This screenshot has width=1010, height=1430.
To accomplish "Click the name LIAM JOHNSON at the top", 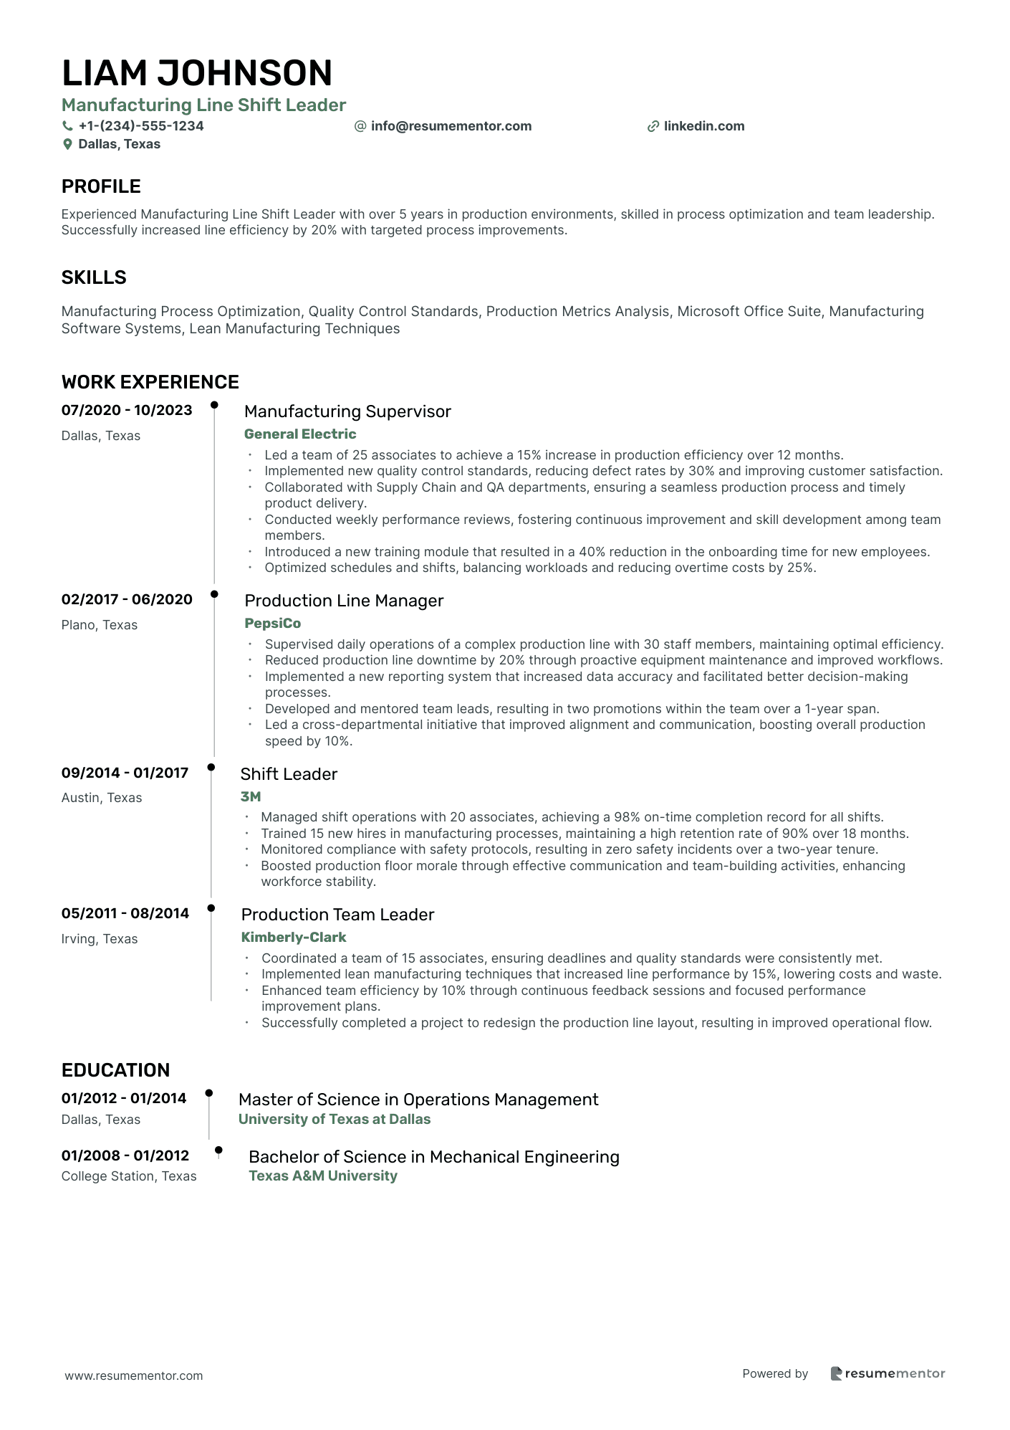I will coord(197,73).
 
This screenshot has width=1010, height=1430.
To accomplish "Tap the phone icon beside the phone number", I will coord(67,126).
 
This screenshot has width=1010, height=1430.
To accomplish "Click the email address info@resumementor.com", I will coord(451,126).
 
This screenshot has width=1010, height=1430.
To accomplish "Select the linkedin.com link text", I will coord(703,126).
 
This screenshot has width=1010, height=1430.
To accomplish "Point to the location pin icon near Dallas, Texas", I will coord(67,144).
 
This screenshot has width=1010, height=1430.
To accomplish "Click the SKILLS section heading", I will coord(94,277).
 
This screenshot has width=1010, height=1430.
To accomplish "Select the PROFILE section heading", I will coord(101,186).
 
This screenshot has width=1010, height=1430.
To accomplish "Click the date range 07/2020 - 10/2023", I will coord(127,410).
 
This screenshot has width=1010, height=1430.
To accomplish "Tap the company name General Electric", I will coord(299,434).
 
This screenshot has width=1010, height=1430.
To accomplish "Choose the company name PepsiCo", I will coord(272,623).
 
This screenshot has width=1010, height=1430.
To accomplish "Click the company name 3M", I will coord(250,796).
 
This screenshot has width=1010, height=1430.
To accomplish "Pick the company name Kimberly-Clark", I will coord(293,937).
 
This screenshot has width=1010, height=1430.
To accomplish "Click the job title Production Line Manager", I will coord(344,601).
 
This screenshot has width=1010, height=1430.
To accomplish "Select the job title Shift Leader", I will coord(288,774).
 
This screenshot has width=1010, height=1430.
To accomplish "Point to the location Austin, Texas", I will coord(102,798).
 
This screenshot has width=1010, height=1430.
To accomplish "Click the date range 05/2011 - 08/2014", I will coord(125,913).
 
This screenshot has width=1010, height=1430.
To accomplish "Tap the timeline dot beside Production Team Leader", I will coord(211,908).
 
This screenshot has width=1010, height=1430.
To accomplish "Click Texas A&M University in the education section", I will coord(322,1176).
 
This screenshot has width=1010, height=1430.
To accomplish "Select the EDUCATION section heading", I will coord(115,1070).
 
